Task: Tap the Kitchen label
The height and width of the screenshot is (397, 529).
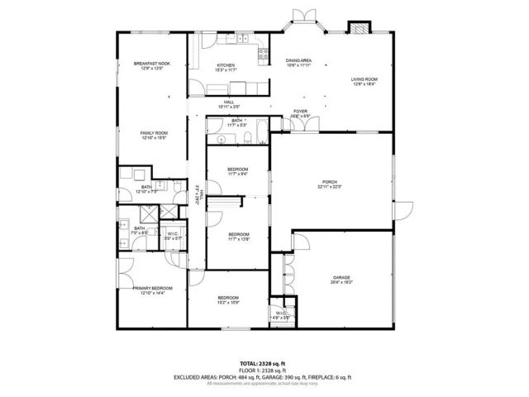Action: pos(226,65)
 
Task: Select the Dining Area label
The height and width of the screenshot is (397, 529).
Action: pos(298,60)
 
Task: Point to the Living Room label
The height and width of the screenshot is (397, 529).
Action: pos(364,79)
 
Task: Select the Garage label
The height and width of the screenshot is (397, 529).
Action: pos(342,278)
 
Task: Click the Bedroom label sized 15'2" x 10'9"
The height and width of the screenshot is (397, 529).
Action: pos(228,298)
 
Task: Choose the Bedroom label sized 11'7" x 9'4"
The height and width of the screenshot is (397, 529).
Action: pos(238,170)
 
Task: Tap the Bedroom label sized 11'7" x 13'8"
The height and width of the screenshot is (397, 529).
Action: pos(238,234)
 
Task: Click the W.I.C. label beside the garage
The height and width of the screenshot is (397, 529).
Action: pos(280,313)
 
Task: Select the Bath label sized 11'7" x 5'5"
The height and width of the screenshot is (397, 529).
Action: pos(236,121)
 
